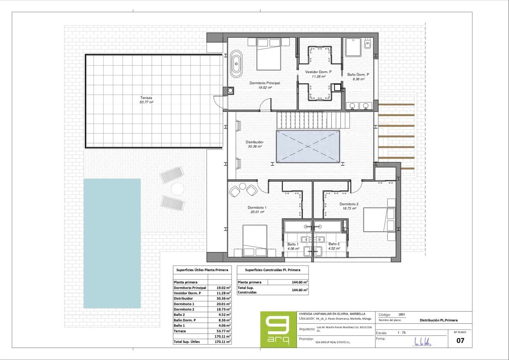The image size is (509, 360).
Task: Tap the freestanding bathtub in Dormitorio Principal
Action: tap(236, 64)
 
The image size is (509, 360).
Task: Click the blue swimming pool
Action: tap(112, 243)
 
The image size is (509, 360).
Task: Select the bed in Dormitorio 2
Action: tap(379, 219)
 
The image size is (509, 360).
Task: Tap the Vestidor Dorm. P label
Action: tap(318, 72)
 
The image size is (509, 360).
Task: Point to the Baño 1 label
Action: tap(293, 244)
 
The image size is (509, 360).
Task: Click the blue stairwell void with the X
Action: tap(308, 146)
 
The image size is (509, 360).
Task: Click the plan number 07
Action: tap(459, 340)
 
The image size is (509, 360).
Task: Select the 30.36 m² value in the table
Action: tap(223, 298)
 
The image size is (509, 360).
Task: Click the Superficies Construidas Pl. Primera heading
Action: tap(272, 270)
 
